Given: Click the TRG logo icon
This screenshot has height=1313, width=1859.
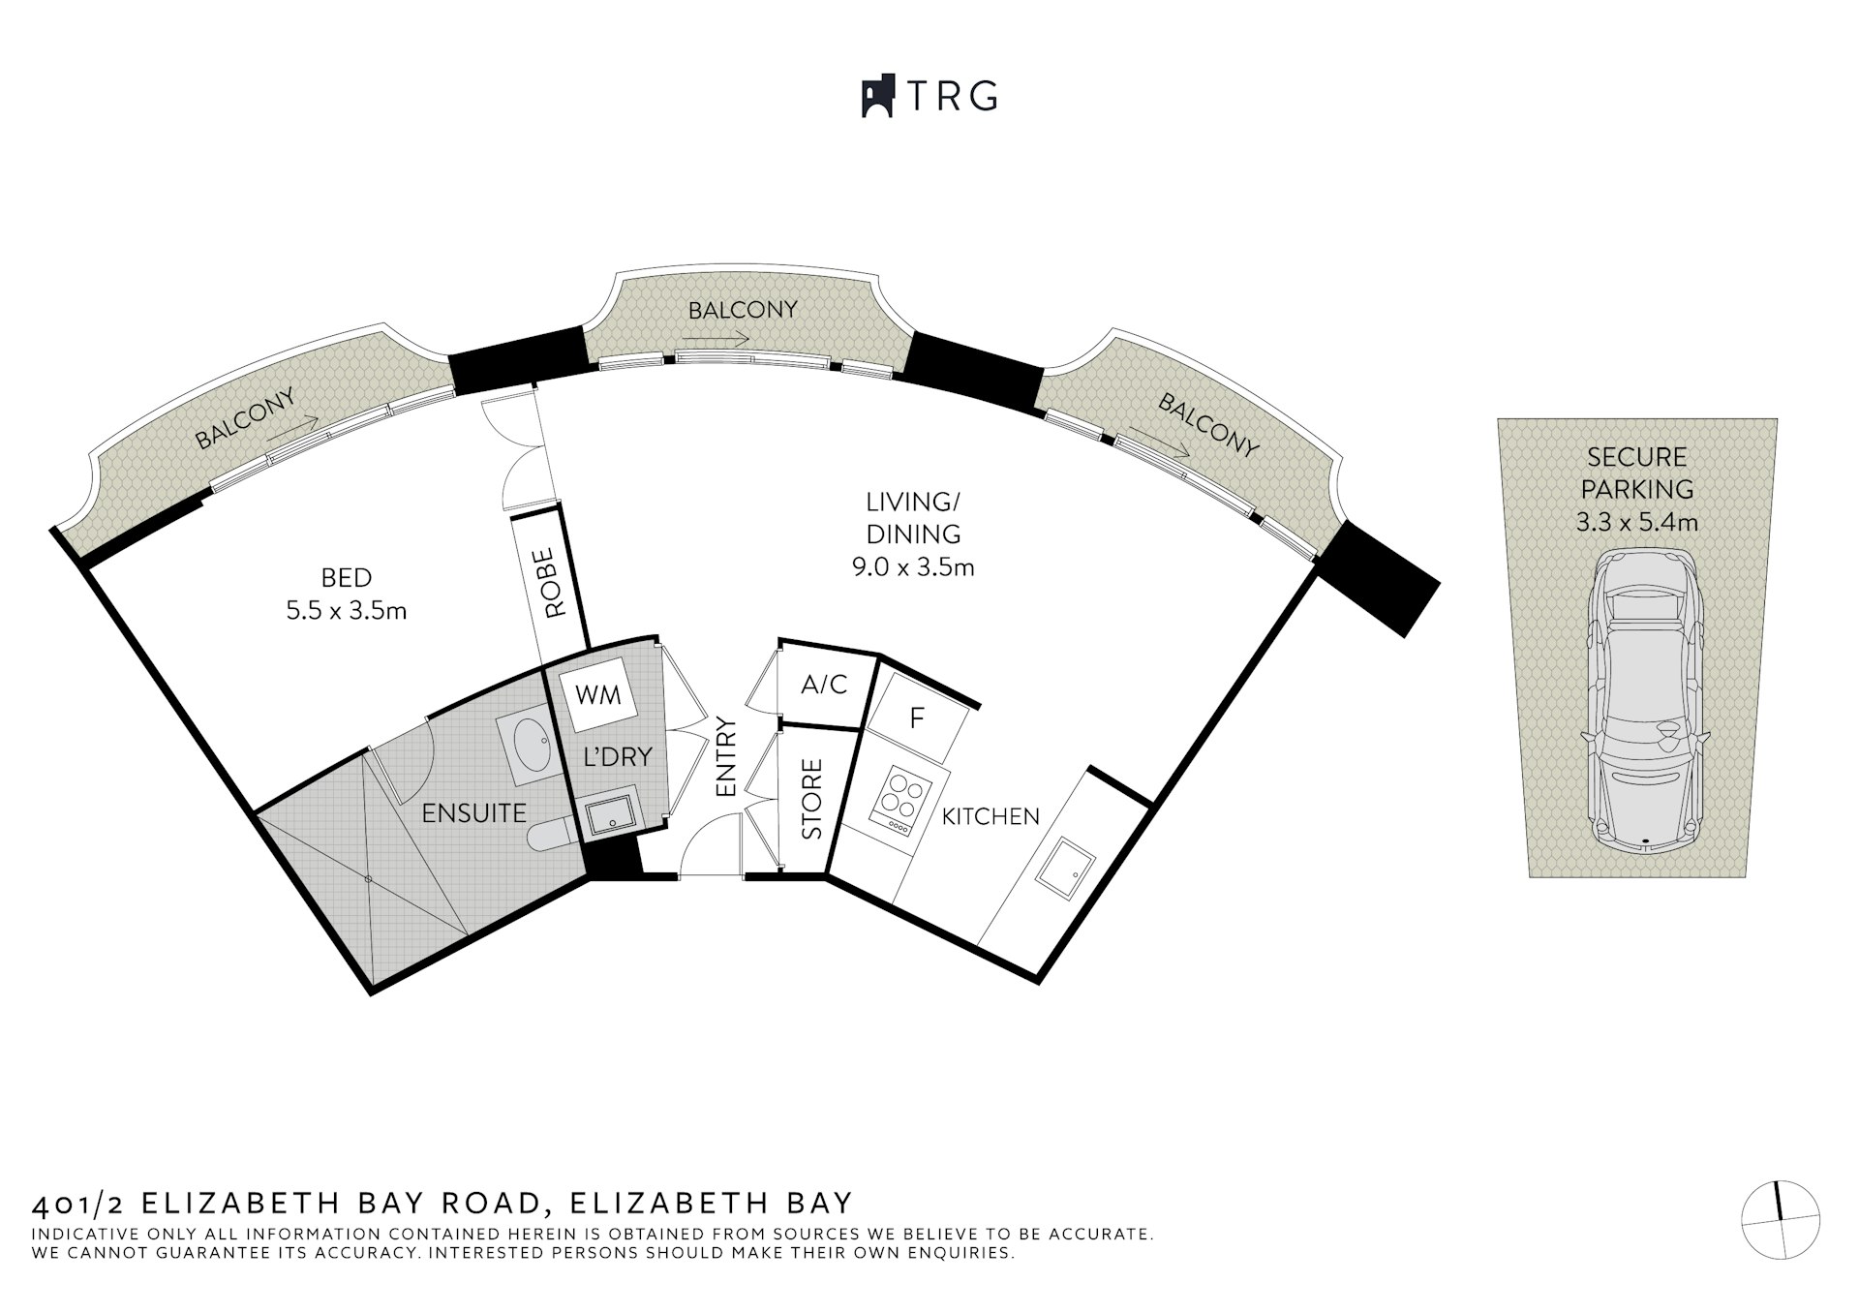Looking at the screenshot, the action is click(878, 97).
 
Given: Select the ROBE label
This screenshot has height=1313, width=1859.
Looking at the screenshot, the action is click(553, 583).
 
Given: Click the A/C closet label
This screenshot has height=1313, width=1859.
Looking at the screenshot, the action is click(824, 685).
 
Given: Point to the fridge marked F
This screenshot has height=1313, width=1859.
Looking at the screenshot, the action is click(917, 718).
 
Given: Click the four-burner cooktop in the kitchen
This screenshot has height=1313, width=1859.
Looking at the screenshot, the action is click(902, 801).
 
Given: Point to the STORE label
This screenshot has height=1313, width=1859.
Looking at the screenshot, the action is click(812, 799).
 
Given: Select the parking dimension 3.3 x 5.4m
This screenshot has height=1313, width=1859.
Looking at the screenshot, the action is click(1637, 523).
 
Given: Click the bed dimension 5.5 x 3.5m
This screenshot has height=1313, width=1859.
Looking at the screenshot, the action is click(347, 611).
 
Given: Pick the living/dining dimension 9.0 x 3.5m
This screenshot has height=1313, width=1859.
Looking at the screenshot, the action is click(913, 566).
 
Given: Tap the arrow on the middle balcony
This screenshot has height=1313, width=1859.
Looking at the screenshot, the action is click(715, 339).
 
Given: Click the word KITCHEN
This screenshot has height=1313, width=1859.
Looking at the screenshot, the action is click(990, 816).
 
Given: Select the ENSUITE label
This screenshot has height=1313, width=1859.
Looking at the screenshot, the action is click(474, 812).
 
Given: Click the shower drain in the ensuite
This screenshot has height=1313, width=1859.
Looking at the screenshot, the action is click(368, 879).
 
